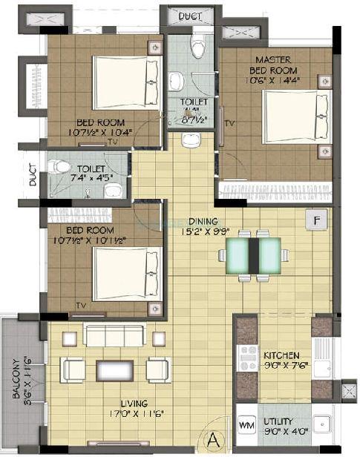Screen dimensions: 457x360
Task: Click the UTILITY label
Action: pyautogui.click(x=279, y=421)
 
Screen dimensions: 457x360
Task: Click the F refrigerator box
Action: pyautogui.click(x=317, y=220)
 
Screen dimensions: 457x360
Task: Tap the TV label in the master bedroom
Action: pyautogui.click(x=229, y=122)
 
